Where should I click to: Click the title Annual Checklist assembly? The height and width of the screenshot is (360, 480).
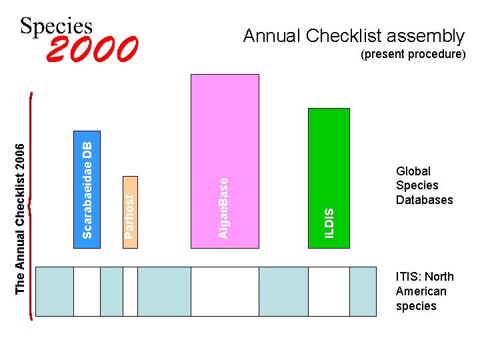click(x=353, y=35)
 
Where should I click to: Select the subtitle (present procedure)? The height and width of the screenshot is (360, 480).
click(x=413, y=55)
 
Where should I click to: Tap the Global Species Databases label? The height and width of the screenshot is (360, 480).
click(x=424, y=185)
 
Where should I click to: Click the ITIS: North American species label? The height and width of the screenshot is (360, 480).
click(x=425, y=291)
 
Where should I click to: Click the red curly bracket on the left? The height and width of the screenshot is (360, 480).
click(x=33, y=207)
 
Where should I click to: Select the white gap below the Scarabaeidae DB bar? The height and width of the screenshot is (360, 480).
click(x=87, y=291)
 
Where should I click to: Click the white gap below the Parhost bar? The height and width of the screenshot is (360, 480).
click(x=130, y=291)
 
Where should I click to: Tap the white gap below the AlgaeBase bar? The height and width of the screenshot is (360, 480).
click(x=225, y=291)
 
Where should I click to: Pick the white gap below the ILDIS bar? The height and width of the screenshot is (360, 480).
click(x=329, y=291)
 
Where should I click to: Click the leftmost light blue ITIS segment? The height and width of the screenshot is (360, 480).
click(x=54, y=291)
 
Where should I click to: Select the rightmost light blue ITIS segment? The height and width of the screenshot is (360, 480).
click(x=363, y=291)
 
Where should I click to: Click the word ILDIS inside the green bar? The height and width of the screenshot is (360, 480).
click(x=329, y=223)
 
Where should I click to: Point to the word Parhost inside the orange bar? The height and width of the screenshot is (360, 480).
click(x=131, y=215)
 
